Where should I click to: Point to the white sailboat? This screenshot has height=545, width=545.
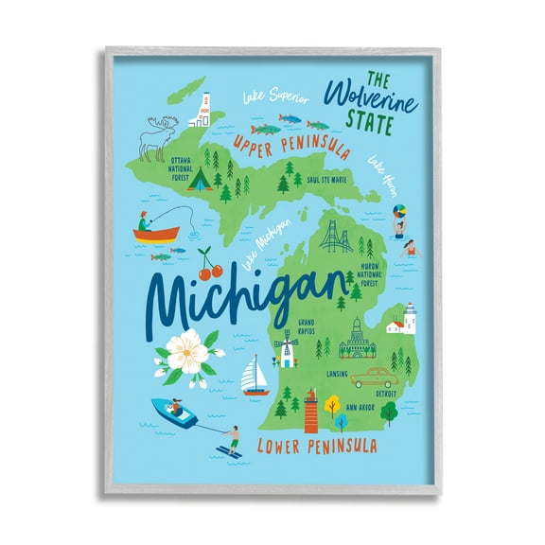pos(254,375)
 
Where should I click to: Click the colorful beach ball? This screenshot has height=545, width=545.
pos(399,207)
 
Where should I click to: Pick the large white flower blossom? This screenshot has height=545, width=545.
pos(188,355)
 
